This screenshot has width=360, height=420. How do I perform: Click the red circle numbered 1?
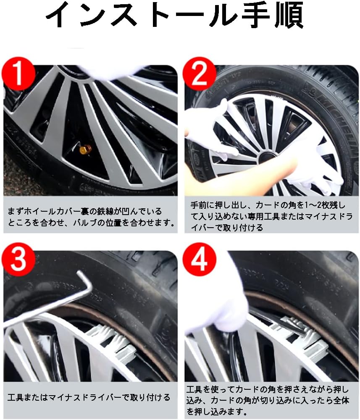click(x=18, y=74)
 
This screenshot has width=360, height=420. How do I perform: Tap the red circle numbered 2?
click(x=199, y=74)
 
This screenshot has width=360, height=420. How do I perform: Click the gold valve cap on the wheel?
click(x=86, y=149)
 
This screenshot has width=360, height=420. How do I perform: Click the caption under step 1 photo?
click(x=90, y=217)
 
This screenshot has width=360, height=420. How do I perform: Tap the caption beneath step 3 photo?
click(x=89, y=397)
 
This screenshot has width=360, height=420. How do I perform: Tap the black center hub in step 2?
click(x=265, y=159)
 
